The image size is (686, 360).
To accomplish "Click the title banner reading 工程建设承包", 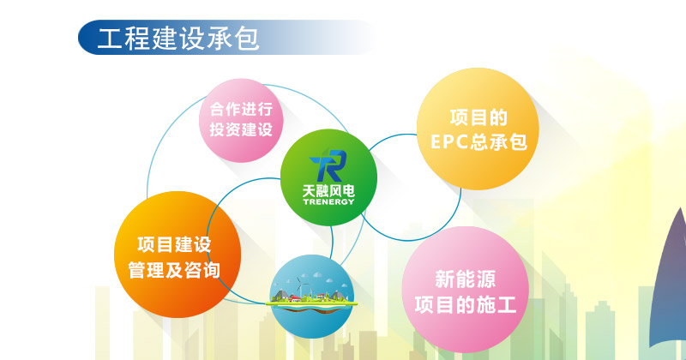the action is point(226,37).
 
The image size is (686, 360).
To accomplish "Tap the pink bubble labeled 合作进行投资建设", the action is point(241,120).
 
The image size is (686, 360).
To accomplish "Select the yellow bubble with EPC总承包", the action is point(478,129).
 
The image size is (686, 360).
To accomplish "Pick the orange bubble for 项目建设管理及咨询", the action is point(178,255).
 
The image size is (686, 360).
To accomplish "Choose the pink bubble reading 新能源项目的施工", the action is point(466,290).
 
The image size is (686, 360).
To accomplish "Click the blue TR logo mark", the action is point(328,165).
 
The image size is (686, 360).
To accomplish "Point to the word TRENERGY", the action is point(328,201).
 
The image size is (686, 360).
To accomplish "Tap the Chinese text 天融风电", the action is point(328,191).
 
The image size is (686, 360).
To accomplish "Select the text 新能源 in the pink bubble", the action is point(465,279).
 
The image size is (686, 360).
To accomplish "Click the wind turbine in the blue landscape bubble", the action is point(299,285).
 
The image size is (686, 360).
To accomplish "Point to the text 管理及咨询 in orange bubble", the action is point(174,270).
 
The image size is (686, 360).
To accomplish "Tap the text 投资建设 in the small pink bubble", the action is point(241,129).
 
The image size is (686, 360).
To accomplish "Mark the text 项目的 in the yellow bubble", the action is point(478,117).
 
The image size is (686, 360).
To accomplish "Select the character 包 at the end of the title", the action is point(247,39).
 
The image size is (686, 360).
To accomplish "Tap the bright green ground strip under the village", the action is point(311,303).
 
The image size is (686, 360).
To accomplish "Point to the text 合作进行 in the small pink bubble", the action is point(241,109).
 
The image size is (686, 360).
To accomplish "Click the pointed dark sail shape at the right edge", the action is point(670,280).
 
